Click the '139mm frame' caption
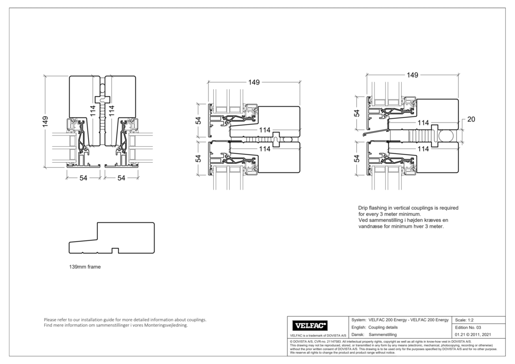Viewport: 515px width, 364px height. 85,268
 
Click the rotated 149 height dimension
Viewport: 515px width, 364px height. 46,122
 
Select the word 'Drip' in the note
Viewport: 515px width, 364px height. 363,207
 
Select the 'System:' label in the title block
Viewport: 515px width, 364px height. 358,320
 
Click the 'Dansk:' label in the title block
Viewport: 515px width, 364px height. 358,335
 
